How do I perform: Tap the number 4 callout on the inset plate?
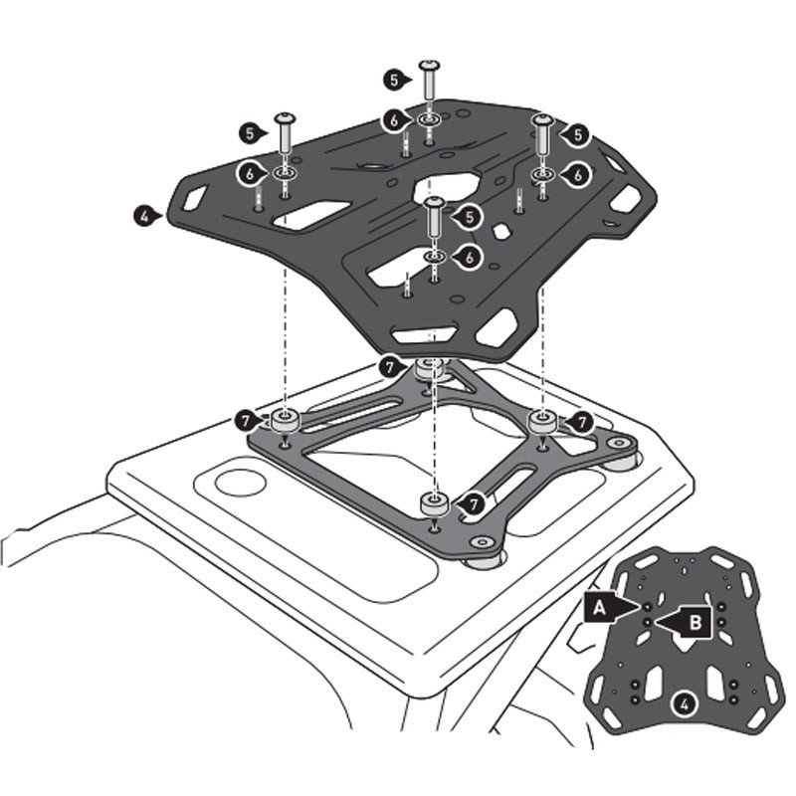click(x=682, y=704)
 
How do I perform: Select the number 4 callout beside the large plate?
click(x=146, y=214)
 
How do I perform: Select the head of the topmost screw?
click(x=430, y=66)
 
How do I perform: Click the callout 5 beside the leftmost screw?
click(x=249, y=131)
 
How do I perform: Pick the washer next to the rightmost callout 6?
click(x=543, y=175)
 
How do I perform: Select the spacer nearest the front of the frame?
click(x=434, y=503)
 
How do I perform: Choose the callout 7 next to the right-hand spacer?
click(x=582, y=422)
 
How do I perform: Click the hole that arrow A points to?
click(x=648, y=606)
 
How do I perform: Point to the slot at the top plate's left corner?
click(x=193, y=193)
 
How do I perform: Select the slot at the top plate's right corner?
click(x=625, y=199)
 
